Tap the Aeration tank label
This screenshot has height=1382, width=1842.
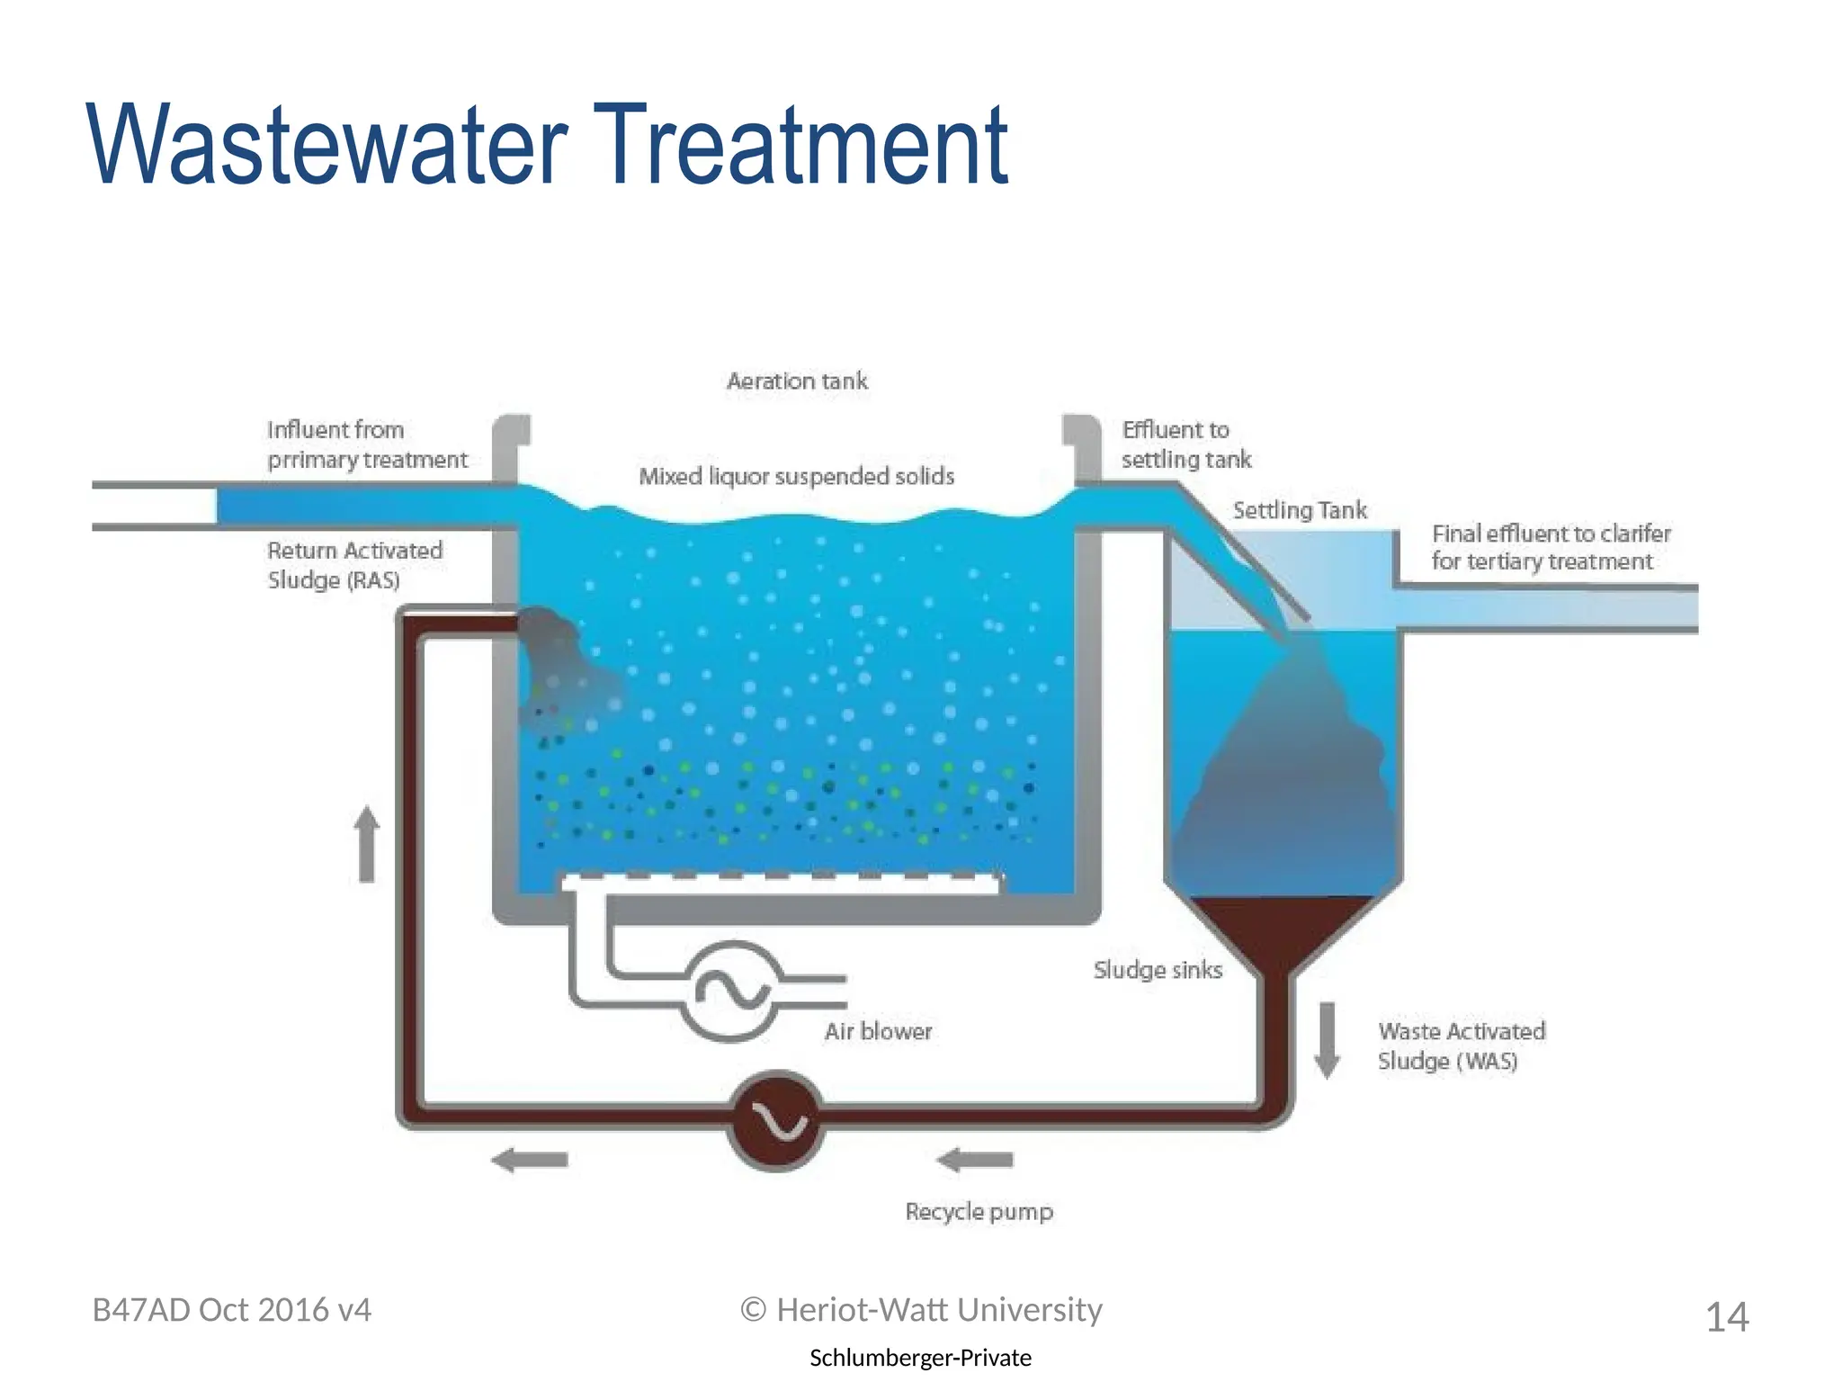point(797,381)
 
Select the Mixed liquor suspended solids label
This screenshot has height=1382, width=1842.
point(797,476)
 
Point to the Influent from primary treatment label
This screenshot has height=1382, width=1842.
point(367,444)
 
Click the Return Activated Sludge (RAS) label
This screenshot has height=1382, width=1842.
point(355,565)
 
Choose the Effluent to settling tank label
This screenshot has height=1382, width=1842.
point(1185,444)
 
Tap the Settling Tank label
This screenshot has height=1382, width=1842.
point(1300,511)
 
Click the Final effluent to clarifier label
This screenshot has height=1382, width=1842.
point(1551,547)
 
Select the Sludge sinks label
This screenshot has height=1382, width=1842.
point(1158,970)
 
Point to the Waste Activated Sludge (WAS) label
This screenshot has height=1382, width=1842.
point(1461,1045)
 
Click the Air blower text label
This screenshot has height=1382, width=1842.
point(878,1031)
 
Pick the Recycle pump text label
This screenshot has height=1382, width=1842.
point(979,1212)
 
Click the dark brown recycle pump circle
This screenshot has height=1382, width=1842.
point(776,1120)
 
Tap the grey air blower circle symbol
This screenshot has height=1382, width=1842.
point(732,991)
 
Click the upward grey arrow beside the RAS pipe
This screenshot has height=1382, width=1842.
point(367,843)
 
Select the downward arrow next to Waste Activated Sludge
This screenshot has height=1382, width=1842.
point(1327,1039)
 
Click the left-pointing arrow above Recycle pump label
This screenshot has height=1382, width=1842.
point(975,1161)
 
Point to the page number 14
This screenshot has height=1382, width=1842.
point(1727,1317)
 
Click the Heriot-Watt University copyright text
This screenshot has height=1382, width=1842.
point(921,1310)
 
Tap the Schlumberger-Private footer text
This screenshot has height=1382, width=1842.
point(920,1358)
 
